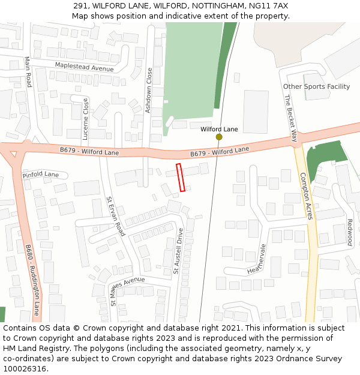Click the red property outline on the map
[180, 178]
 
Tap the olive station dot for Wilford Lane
[219, 137]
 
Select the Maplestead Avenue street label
[84, 67]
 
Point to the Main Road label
[28, 71]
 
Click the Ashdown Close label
[149, 91]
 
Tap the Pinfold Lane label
[41, 175]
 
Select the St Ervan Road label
[115, 216]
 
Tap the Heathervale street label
[256, 259]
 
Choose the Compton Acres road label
[306, 196]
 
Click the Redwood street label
[349, 232]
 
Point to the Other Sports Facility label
[316, 86]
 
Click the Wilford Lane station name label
[219, 129]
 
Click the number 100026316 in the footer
[24, 369]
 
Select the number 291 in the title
[81, 5]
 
